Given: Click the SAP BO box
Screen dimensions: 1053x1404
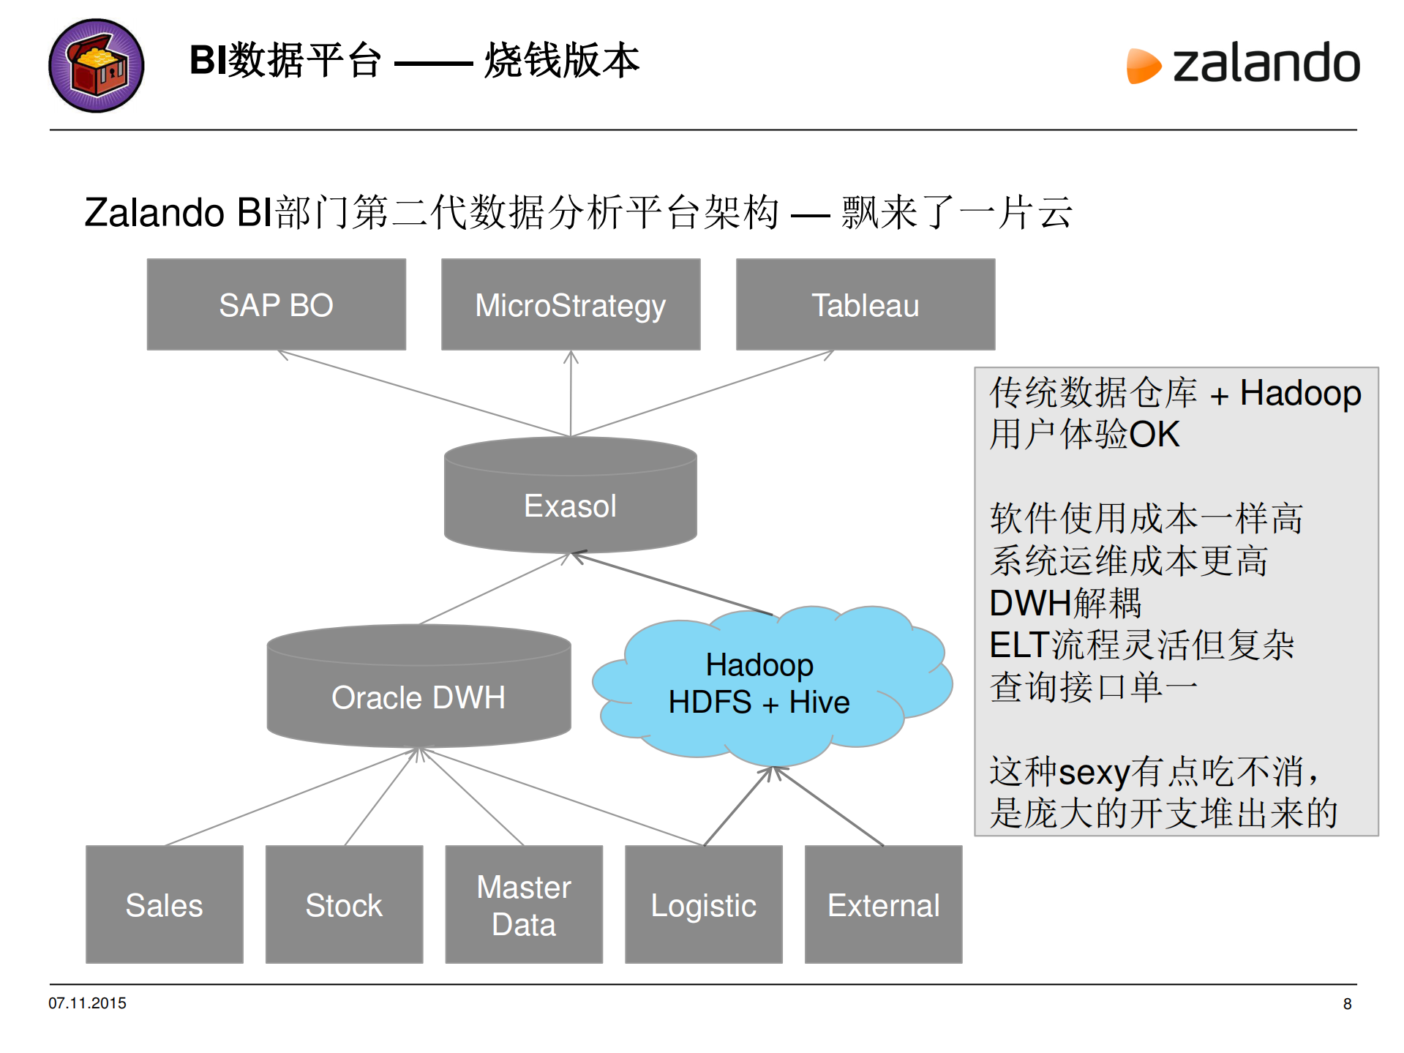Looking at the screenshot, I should pos(276,304).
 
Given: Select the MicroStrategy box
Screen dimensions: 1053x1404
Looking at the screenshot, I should pos(571,304).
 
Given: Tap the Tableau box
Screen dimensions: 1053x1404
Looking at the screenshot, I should pos(865,304).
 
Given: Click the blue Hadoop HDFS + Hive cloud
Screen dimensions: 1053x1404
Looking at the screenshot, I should pos(761,684).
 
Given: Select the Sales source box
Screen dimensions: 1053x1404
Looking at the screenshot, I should pos(164,904).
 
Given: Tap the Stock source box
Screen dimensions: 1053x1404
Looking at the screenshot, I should pos(344,904).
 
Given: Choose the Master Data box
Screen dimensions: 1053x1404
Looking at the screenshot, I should pos(524,904).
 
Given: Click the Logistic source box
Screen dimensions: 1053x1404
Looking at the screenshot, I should pos(703,904).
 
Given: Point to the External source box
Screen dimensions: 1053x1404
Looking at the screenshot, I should pos(883,904).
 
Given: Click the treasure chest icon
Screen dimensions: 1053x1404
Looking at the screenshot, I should pos(96,66).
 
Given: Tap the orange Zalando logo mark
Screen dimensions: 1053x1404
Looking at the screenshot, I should pos(1143,66).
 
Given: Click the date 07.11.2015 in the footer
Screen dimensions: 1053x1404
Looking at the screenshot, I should pos(87,1003).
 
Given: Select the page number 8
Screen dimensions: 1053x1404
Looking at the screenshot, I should pos(1347,1004).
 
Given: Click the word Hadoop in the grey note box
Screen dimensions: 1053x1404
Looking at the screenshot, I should pos(1300,393).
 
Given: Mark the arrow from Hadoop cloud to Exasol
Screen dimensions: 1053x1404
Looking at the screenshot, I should pos(673,584).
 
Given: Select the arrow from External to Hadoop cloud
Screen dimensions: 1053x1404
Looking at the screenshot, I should pos(828,806).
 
